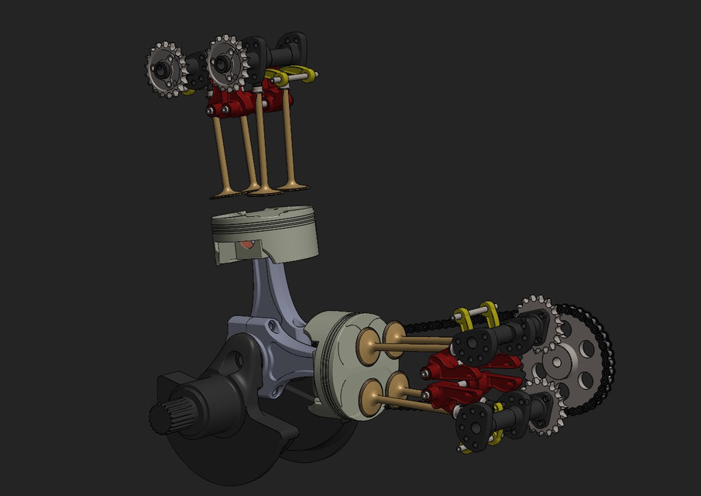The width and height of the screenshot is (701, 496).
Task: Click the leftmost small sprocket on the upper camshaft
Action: tap(165, 70)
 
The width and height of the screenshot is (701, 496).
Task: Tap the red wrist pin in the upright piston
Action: tap(247, 245)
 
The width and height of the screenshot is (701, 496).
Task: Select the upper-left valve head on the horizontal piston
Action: tap(369, 346)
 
